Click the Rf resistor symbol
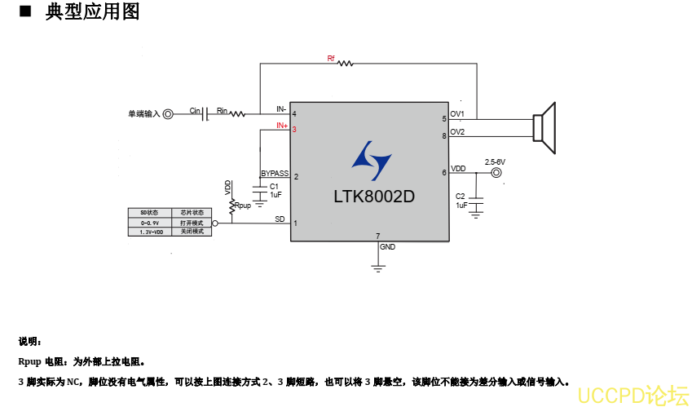tap(345, 63)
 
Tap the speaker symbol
tap(544, 128)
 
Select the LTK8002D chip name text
tap(374, 197)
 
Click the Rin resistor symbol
tap(237, 114)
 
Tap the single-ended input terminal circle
tap(168, 114)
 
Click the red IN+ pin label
tap(281, 126)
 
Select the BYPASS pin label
tap(275, 174)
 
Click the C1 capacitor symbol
tap(260, 188)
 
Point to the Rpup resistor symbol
tap(231, 206)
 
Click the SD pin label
tap(280, 219)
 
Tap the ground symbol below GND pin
tap(377, 266)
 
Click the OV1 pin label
tap(457, 114)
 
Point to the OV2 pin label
tap(457, 132)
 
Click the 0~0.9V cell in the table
tap(149, 222)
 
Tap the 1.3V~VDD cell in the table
tap(151, 232)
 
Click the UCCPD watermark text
tap(632, 395)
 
